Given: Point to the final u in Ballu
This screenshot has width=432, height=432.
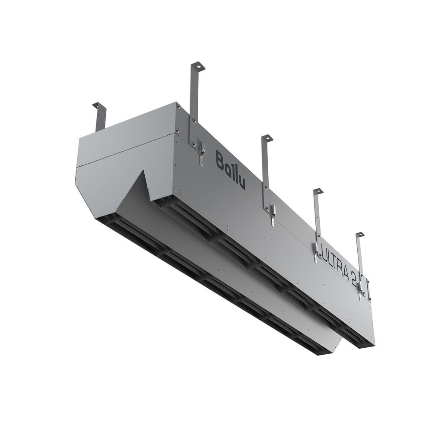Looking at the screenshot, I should [241, 181].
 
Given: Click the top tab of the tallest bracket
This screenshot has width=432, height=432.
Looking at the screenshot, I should [196, 66].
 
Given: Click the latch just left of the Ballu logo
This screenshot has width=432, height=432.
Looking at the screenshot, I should [201, 149].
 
